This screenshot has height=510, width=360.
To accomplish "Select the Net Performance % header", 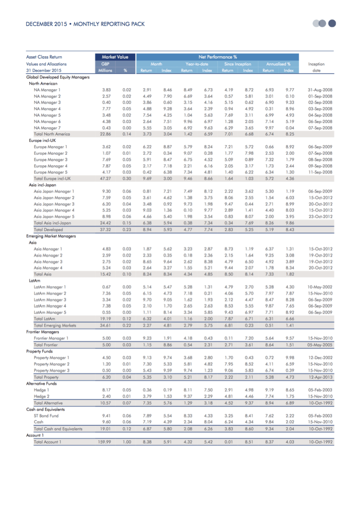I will (217, 57).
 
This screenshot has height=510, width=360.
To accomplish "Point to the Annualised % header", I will (278, 64).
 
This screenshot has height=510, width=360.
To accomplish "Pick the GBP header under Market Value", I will (105, 64).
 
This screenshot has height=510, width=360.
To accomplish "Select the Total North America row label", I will (52, 134).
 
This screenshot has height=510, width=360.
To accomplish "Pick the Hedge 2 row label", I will (41, 396).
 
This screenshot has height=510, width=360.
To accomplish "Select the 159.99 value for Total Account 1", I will (105, 441).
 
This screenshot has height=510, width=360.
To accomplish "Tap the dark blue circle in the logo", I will (333, 23).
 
